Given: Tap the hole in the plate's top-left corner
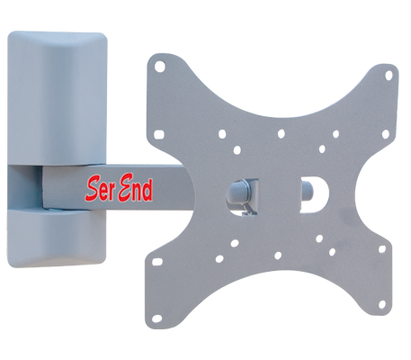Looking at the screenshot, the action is coord(160,67).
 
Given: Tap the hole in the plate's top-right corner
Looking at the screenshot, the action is coord(389,76).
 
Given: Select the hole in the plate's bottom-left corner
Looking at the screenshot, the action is coord(156,319).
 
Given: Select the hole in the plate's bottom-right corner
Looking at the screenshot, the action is coord(382,304).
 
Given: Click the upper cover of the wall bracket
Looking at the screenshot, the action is coord(57,98).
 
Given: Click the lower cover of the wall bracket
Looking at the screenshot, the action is coord(57,238).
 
